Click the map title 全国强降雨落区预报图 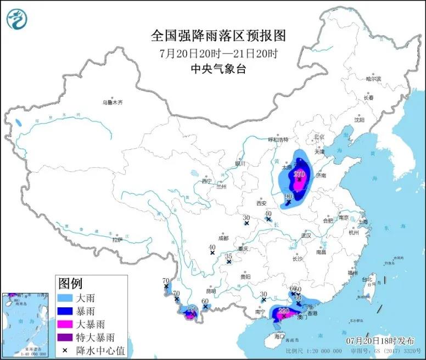[x=218, y=36]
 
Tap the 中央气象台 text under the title [x=218, y=69]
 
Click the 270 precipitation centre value [x=299, y=175]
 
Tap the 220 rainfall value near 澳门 [x=284, y=311]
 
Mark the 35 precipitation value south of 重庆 [x=229, y=256]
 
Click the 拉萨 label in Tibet [x=117, y=240]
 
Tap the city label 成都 [x=222, y=238]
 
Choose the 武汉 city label [x=306, y=235]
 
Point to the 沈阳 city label [x=359, y=119]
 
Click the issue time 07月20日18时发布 [x=378, y=340]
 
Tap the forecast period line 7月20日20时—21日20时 [x=218, y=54]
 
